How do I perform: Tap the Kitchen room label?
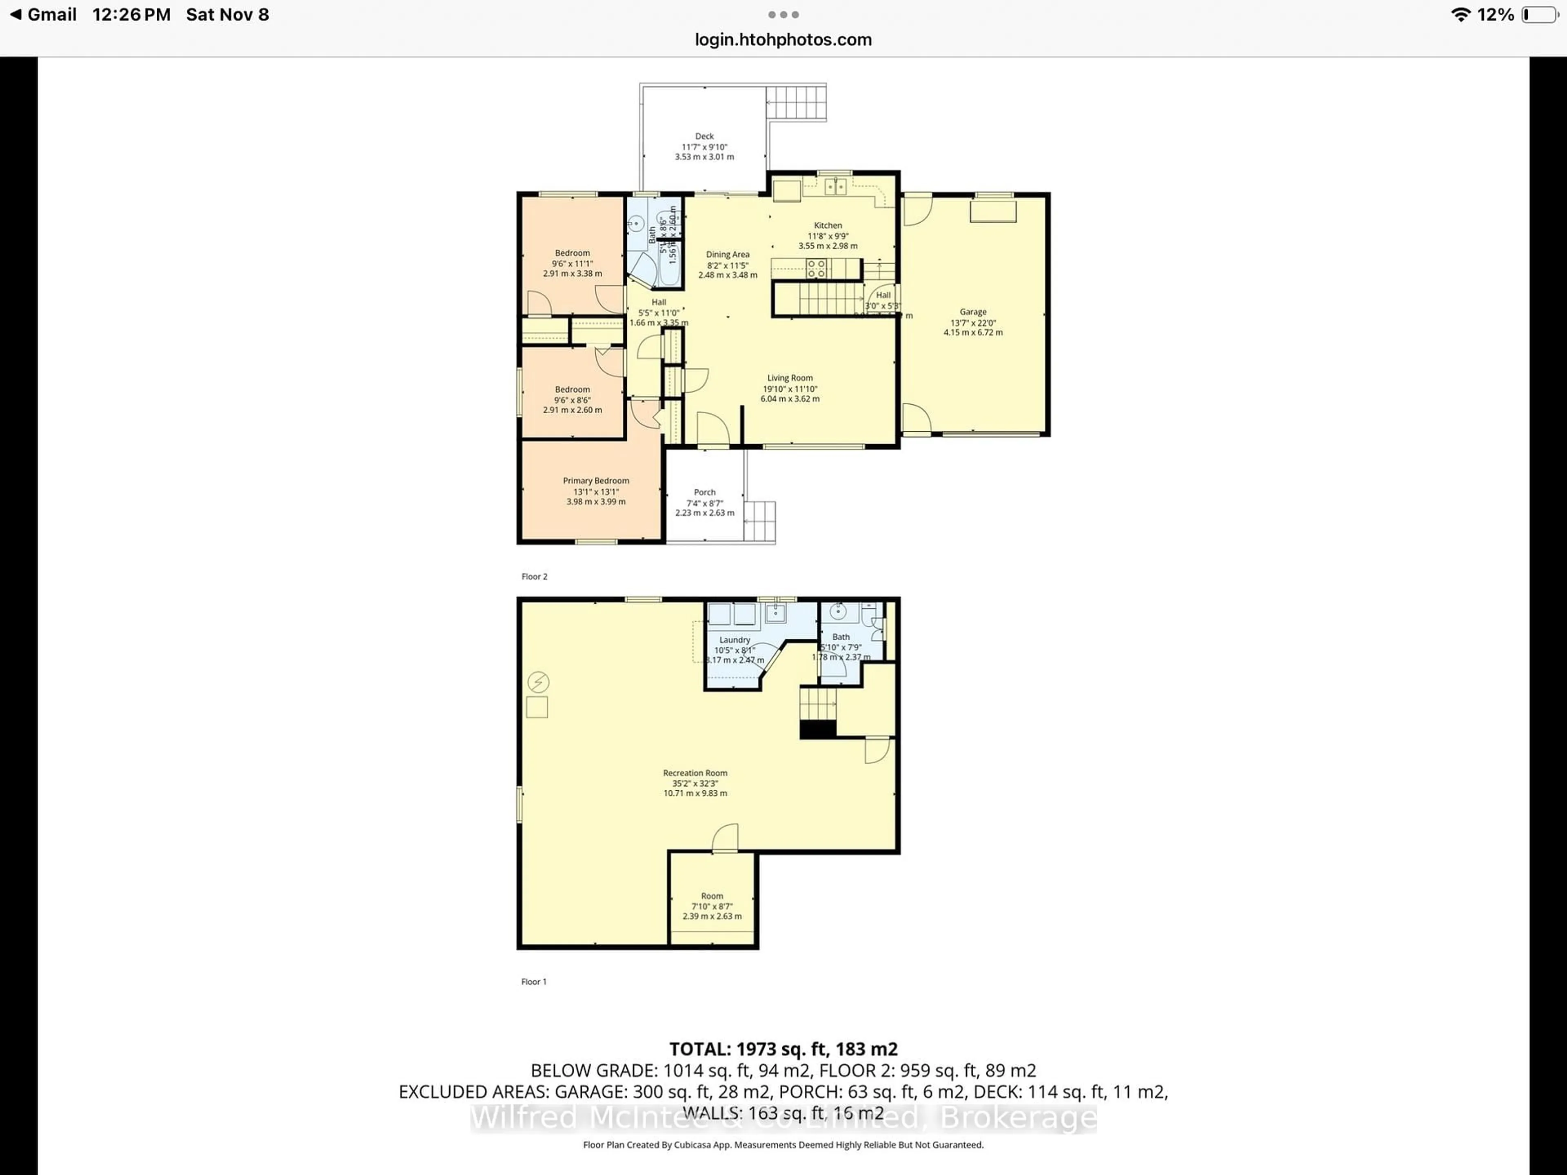[828, 225]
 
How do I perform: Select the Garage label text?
[973, 312]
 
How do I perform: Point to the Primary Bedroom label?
[596, 481]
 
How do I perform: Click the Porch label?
[704, 492]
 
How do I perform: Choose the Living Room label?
[790, 378]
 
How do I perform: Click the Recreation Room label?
[695, 773]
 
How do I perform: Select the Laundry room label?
[735, 640]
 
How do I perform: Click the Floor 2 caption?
[534, 576]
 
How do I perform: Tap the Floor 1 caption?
[533, 982]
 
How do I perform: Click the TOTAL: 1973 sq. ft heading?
[783, 1049]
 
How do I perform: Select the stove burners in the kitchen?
[816, 268]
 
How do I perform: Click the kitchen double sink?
[835, 187]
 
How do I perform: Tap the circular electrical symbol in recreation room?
[538, 682]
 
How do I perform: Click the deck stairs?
[796, 103]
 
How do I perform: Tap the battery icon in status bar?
[1539, 15]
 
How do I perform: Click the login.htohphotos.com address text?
[783, 40]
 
